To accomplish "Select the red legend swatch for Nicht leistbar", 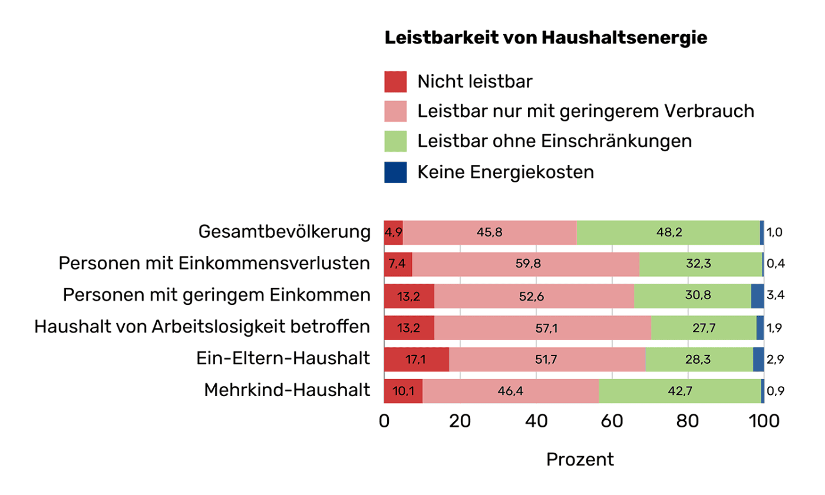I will [395, 81].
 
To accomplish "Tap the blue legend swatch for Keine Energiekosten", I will [395, 172].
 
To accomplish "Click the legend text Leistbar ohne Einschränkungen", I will [554, 142].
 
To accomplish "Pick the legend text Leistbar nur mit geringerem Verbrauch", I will [585, 111].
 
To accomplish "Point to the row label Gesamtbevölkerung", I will [285, 232].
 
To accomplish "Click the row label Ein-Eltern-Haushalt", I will [283, 359].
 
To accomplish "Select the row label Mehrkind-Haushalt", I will [287, 391].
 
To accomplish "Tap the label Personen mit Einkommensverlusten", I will [214, 264].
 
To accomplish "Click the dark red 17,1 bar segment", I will [416, 360].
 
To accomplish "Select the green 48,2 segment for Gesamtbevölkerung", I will [668, 232].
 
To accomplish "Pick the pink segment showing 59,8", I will [526, 264].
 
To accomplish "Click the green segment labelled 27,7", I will [704, 328].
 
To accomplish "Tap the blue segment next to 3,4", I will [757, 296].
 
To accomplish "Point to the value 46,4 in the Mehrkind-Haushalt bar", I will [510, 391].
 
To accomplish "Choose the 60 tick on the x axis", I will [612, 421].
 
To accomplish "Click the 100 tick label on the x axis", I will [764, 421].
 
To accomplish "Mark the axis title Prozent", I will [580, 460].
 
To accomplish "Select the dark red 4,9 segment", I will [393, 232].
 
